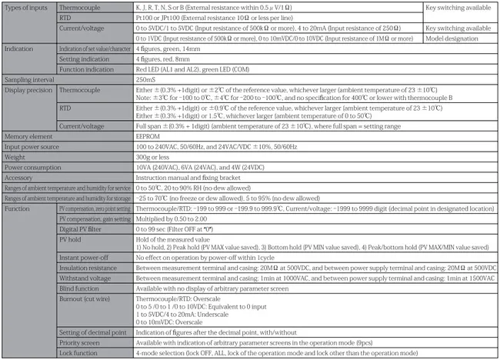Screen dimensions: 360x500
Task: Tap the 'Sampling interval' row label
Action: pos(28,78)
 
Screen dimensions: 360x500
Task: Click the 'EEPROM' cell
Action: pos(148,136)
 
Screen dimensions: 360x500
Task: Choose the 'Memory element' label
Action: pos(28,136)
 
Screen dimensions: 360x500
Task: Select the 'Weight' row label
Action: pos(15,155)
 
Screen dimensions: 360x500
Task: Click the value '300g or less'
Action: pos(155,155)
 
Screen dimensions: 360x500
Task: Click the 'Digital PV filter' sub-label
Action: pos(82,228)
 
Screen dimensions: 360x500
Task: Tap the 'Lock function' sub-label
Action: pos(79,352)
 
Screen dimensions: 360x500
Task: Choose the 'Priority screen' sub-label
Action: pos(80,342)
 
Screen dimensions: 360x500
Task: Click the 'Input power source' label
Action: pos(34,146)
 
